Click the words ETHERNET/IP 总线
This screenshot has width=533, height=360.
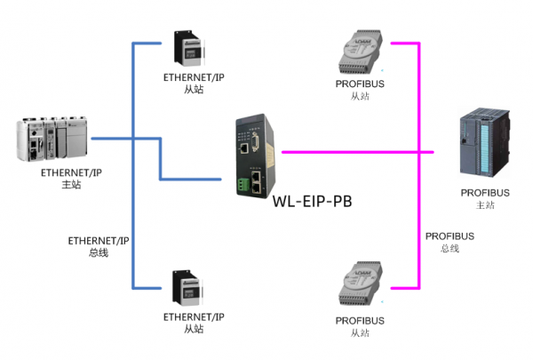point(99,246)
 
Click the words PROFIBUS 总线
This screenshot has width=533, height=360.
point(449,242)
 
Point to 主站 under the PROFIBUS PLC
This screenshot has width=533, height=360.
point(485,205)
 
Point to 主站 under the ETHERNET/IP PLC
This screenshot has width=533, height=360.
point(71,185)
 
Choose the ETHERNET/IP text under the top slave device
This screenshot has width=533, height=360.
point(194,77)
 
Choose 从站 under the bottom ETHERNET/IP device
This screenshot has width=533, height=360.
point(194,329)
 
